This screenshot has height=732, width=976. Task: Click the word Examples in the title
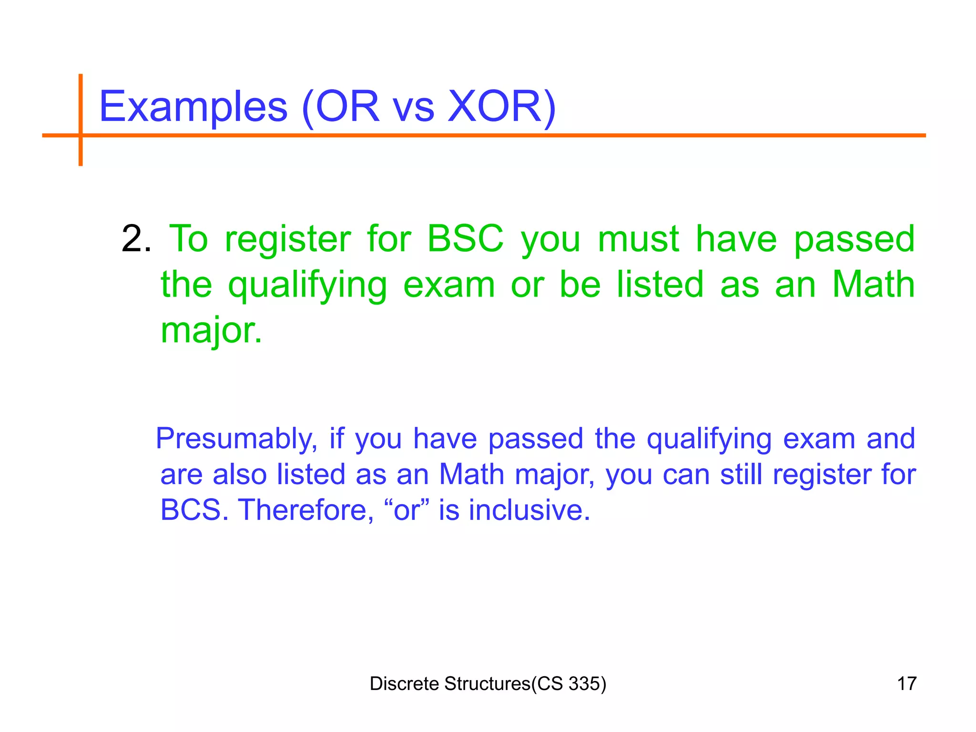pos(193,107)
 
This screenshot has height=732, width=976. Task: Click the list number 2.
pos(136,239)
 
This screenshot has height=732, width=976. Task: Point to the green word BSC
pos(465,239)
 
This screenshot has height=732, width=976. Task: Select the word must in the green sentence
pos(638,239)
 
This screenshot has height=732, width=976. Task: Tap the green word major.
pos(211,331)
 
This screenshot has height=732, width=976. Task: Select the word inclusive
pos(529,510)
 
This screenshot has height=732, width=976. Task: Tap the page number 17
pos(906,683)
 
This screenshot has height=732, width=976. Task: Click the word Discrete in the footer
pos(404,683)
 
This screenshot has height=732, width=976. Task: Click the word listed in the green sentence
pos(660,285)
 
